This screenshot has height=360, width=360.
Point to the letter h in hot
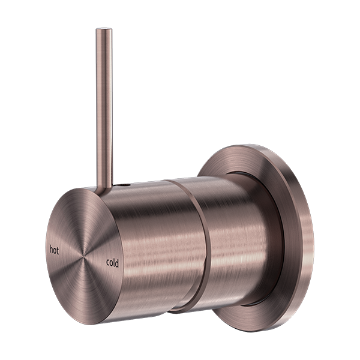click(x=50, y=247)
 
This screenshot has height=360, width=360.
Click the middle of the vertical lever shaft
click(x=103, y=108)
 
